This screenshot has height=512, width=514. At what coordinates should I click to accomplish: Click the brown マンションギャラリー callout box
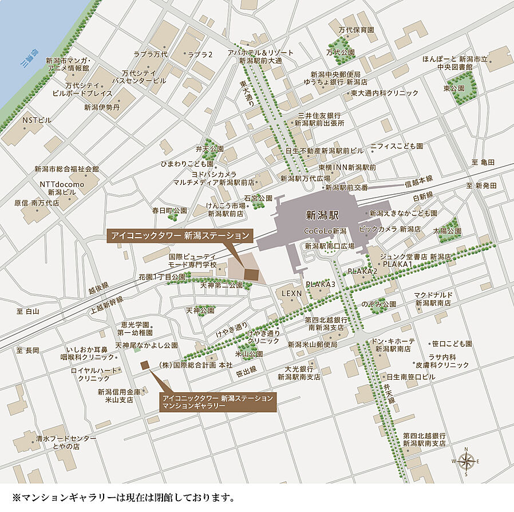(x=218, y=401)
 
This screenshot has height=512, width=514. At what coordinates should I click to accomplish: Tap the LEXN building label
(x=291, y=293)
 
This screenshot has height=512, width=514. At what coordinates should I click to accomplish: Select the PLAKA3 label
(x=321, y=284)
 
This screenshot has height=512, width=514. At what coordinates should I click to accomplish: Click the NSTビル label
(x=37, y=120)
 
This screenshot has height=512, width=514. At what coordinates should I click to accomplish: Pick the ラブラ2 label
(x=200, y=54)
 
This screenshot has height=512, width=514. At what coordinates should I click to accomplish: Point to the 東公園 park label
(x=453, y=89)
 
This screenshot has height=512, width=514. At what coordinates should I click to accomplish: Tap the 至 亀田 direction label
(x=483, y=162)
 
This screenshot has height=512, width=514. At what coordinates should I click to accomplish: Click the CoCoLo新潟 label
(x=326, y=231)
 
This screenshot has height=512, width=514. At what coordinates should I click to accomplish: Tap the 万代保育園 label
(x=355, y=30)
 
